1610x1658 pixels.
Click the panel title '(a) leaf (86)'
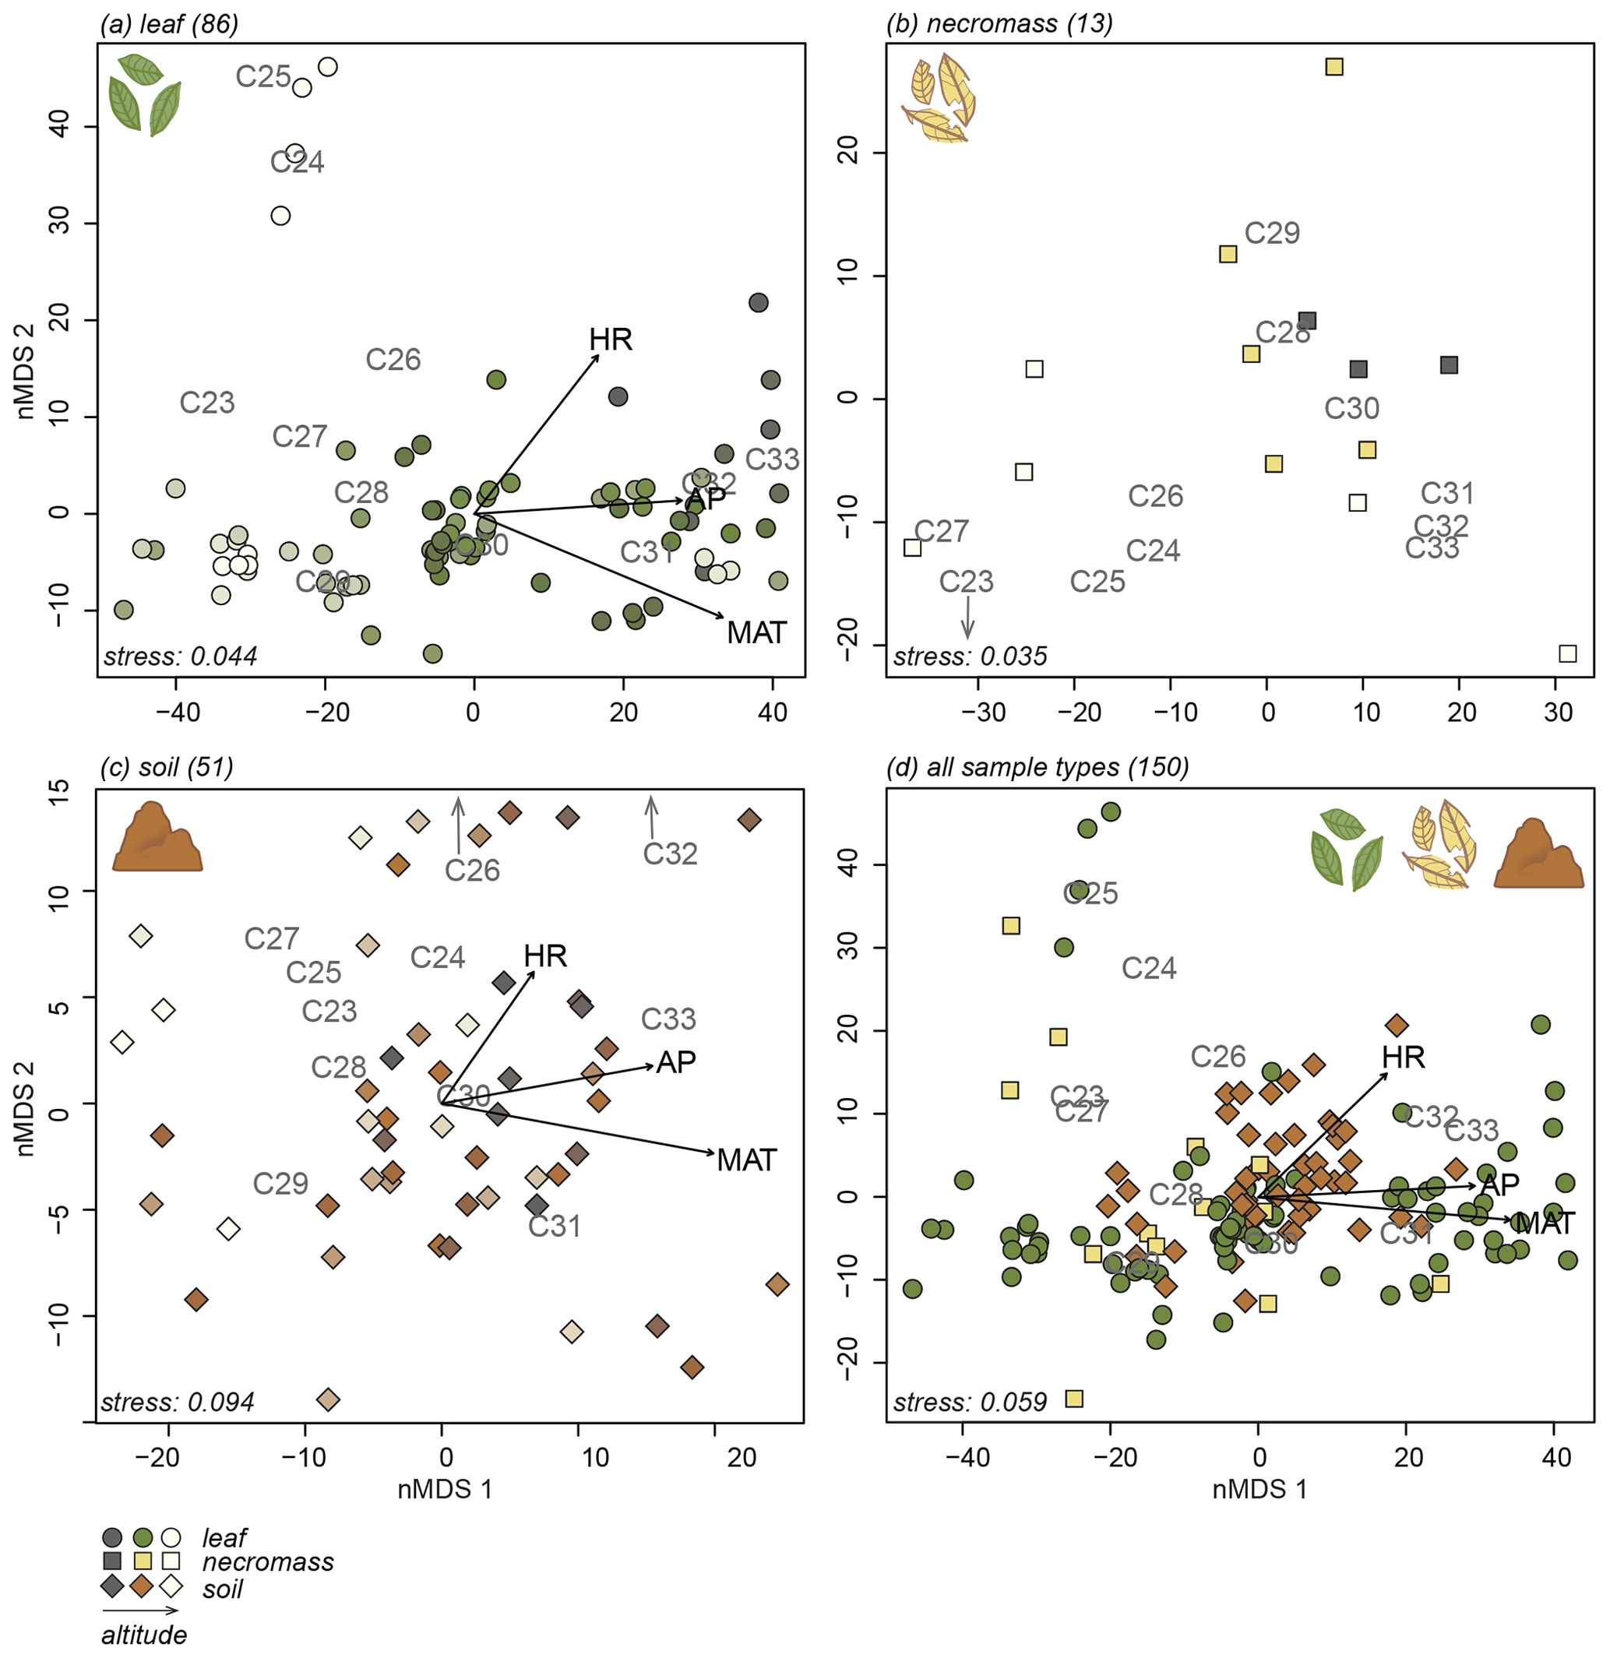pyautogui.click(x=169, y=23)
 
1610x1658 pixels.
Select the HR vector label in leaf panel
pyautogui.click(x=610, y=340)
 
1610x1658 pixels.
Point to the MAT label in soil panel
pyautogui.click(x=746, y=1160)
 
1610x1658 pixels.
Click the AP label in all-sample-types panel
pyautogui.click(x=1500, y=1185)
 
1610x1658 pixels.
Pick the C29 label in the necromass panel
pyautogui.click(x=1272, y=233)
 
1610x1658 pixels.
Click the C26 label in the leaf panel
pyautogui.click(x=393, y=360)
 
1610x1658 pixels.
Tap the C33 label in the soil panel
pyautogui.click(x=668, y=1019)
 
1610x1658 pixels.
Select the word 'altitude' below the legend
pyautogui.click(x=144, y=1635)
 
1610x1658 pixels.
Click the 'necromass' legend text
pyautogui.click(x=267, y=1561)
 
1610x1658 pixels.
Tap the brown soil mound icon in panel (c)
pyautogui.click(x=157, y=838)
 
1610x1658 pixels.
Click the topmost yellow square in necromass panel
pyautogui.click(x=1334, y=67)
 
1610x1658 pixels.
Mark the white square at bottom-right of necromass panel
pyautogui.click(x=1568, y=653)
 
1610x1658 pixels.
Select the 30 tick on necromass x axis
pyautogui.click(x=1558, y=713)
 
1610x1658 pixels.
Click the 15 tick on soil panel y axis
pyautogui.click(x=58, y=787)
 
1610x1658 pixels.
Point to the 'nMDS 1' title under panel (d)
pyautogui.click(x=1259, y=1490)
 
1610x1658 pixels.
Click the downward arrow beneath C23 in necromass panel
pyautogui.click(x=968, y=618)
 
